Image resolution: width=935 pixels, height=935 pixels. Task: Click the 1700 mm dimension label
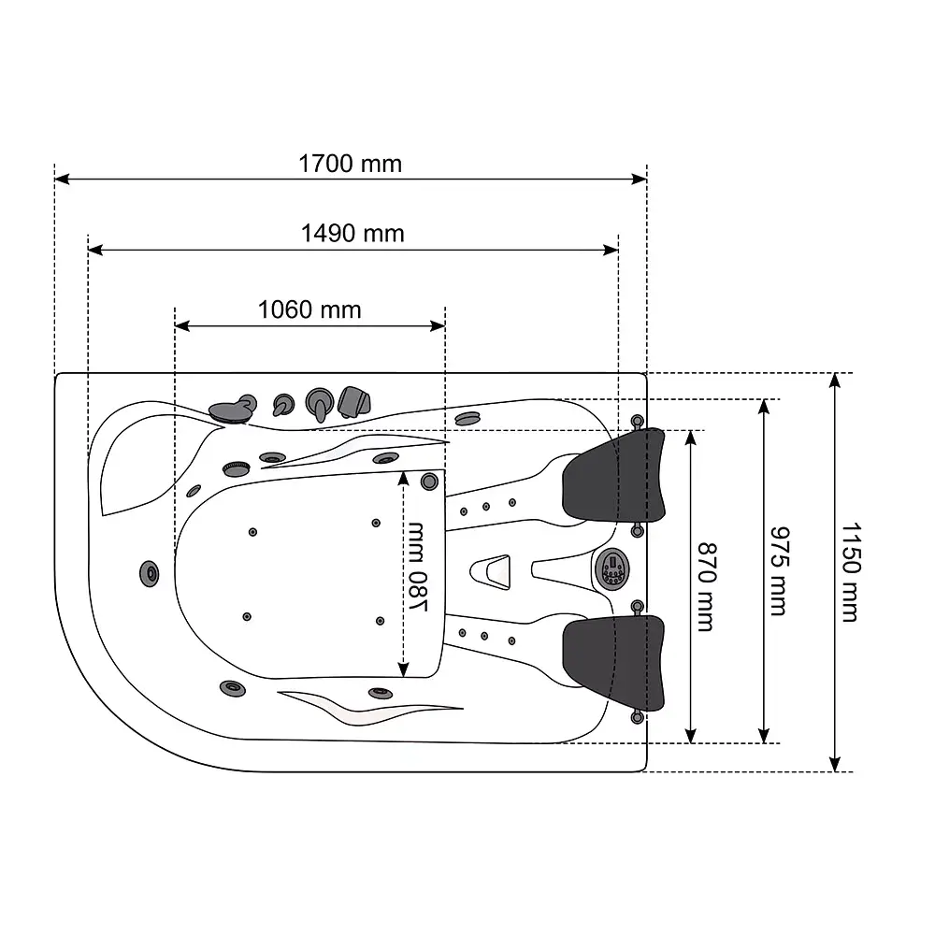(350, 164)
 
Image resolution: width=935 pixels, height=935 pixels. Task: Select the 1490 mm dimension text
(352, 233)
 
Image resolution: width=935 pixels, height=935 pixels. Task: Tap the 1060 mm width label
(309, 309)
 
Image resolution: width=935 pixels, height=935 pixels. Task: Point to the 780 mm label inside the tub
(417, 567)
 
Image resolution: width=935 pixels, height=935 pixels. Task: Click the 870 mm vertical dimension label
(707, 587)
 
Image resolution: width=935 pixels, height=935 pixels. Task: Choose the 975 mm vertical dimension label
(780, 570)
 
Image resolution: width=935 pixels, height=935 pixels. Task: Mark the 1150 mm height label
(851, 572)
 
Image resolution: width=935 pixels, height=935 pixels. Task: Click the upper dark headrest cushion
(613, 477)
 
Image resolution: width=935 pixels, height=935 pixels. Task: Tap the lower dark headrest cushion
(613, 663)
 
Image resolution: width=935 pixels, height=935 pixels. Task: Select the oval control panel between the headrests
(612, 568)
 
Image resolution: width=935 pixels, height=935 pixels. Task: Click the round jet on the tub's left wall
(149, 574)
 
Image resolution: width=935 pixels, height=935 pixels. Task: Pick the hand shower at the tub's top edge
(353, 401)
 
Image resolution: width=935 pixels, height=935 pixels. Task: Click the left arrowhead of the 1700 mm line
(62, 179)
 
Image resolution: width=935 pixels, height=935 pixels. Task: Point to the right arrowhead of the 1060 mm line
(438, 325)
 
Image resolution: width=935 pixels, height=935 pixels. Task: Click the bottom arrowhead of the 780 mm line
(403, 669)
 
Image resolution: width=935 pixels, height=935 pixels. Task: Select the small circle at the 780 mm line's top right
(429, 482)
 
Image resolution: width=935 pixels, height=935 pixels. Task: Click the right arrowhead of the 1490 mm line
(611, 250)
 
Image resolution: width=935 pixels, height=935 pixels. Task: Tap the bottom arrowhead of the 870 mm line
(691, 735)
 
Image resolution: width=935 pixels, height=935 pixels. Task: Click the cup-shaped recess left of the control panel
(491, 572)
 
